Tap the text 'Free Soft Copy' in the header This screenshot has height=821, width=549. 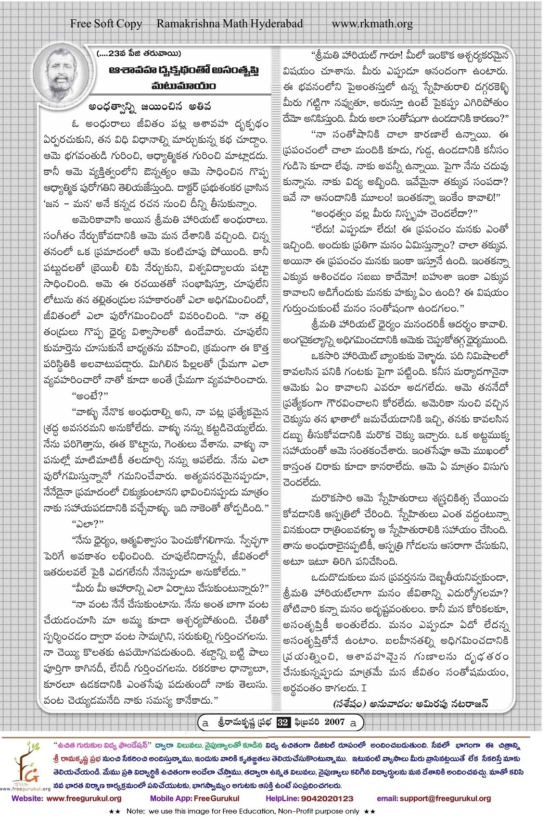click(x=106, y=24)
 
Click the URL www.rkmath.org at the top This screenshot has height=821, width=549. click(x=372, y=24)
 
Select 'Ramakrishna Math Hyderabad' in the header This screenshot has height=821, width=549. click(x=230, y=24)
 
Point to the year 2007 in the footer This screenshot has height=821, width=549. click(x=334, y=721)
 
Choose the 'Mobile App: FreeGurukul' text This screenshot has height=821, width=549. click(x=194, y=798)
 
